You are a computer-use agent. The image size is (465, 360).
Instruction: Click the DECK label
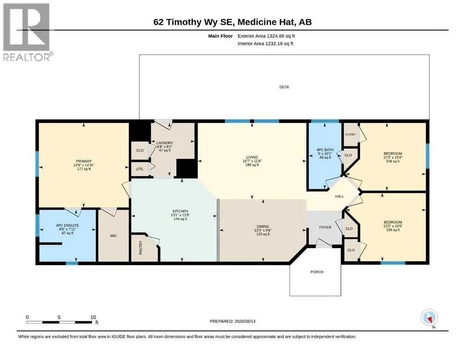[x=284, y=87]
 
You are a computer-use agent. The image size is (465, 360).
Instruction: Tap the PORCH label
[x=317, y=272]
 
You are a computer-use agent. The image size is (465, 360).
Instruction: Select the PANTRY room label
[x=140, y=247]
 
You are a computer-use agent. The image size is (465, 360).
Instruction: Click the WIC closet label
[x=114, y=236]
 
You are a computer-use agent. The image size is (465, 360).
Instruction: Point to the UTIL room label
[x=140, y=169]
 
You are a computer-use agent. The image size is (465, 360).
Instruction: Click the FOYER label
[x=325, y=227]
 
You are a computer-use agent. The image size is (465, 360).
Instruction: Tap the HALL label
[x=340, y=196]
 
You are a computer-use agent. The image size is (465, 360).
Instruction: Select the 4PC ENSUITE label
[x=67, y=225]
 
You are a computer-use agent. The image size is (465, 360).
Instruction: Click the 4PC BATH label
[x=325, y=150]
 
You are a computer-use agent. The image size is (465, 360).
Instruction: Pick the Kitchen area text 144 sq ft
[x=180, y=219]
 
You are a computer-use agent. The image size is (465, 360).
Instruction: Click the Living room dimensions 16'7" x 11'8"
[x=252, y=161]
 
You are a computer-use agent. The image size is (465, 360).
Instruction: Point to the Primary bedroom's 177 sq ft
[x=84, y=169]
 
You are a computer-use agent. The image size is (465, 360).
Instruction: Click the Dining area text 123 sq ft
[x=263, y=234]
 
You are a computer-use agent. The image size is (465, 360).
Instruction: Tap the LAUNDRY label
[x=164, y=143]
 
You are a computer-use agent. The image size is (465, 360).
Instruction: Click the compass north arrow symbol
[x=429, y=318]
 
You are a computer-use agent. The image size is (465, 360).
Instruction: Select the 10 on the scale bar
[x=93, y=317]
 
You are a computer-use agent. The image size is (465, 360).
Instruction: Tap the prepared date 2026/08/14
[x=245, y=322]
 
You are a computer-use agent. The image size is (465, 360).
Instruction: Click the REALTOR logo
[x=27, y=32]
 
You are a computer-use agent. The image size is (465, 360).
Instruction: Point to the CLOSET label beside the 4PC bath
[x=351, y=135]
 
